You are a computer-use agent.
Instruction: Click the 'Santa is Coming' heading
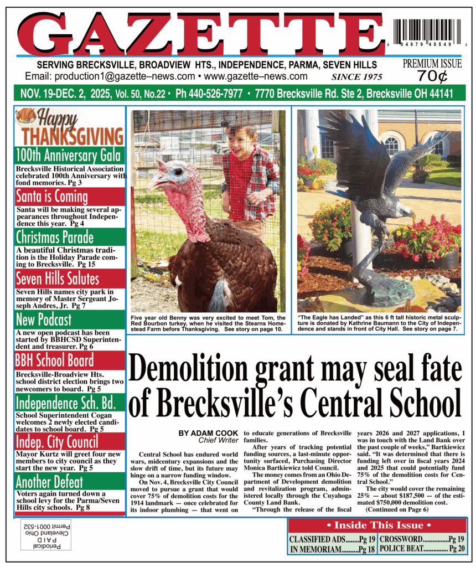[52, 196]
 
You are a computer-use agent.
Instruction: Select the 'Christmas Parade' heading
[55, 237]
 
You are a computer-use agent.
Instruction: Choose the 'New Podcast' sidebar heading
[44, 319]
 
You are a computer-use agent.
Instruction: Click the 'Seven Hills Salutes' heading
[58, 278]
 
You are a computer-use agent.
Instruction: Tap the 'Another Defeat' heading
[50, 482]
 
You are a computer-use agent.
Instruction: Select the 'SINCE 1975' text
[356, 77]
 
